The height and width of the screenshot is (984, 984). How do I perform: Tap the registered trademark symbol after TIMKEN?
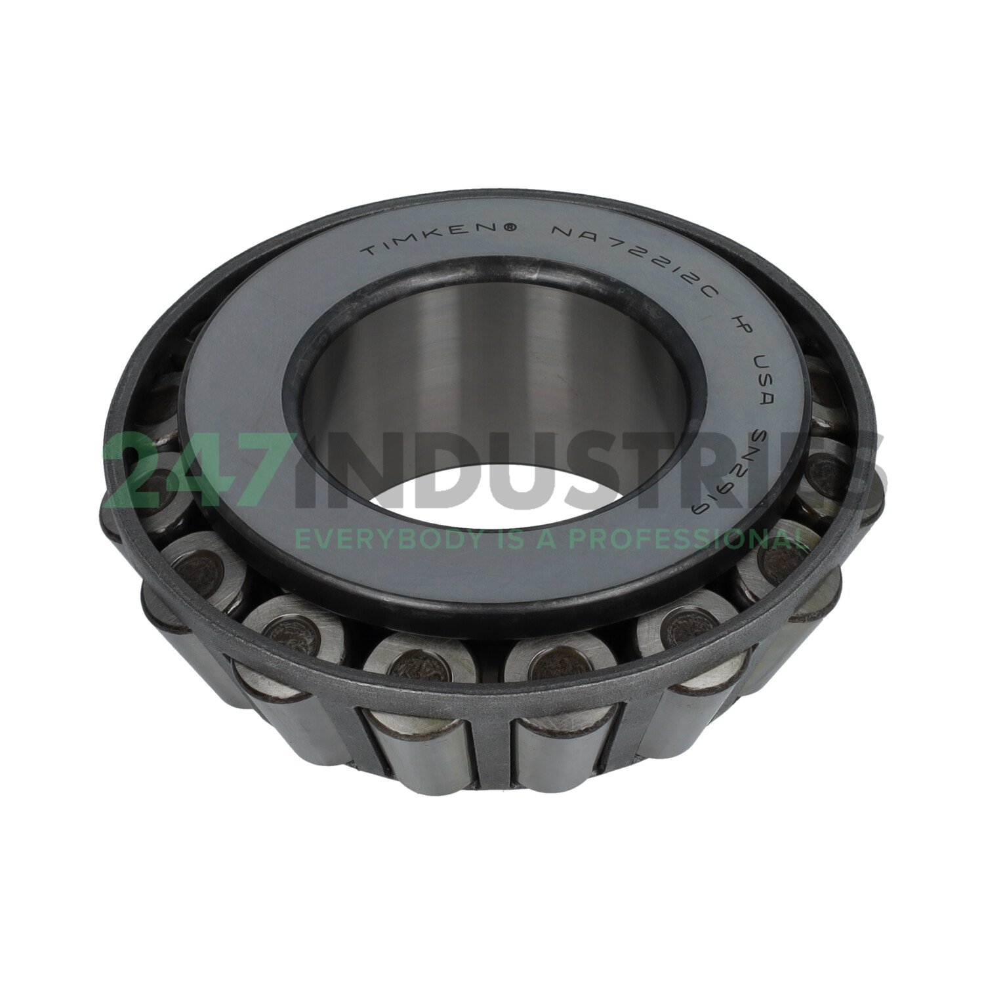[509, 227]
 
